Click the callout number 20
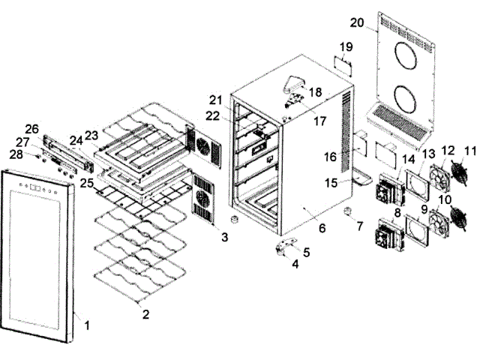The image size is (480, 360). pyautogui.click(x=357, y=22)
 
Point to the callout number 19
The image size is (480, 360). pyautogui.click(x=345, y=46)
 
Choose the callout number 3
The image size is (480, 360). pyautogui.click(x=224, y=237)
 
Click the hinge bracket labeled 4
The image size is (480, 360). pyautogui.click(x=283, y=248)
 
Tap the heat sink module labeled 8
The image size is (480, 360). pyautogui.click(x=388, y=232)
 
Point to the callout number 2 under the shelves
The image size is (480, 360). pyautogui.click(x=145, y=314)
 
